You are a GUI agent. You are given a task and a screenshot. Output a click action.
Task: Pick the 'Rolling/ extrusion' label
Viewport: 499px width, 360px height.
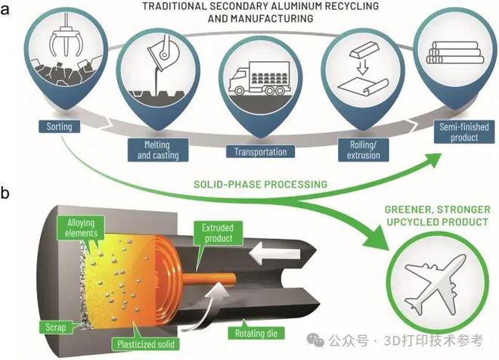359,151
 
